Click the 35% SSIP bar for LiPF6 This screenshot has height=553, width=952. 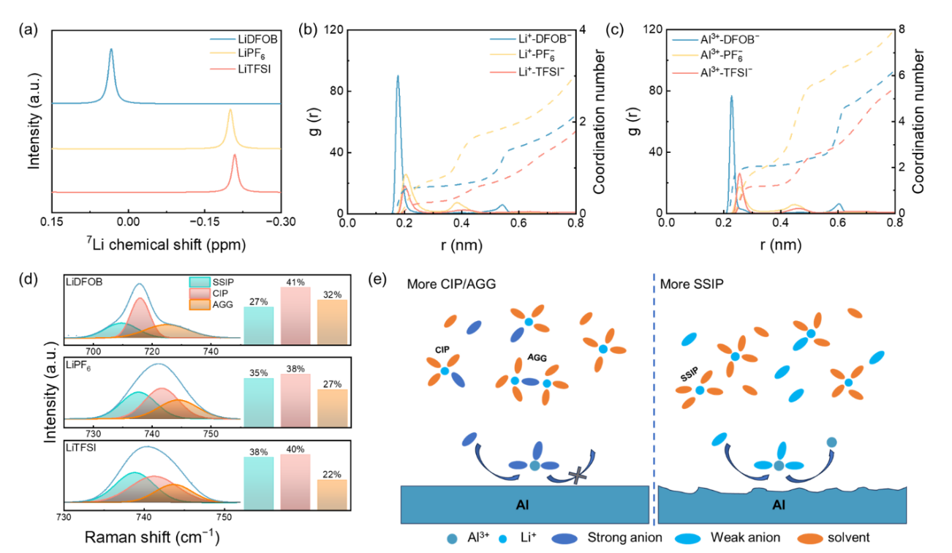pyautogui.click(x=258, y=398)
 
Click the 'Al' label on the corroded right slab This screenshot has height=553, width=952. pyautogui.click(x=779, y=504)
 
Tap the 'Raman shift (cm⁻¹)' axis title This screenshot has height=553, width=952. pyautogui.click(x=152, y=537)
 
